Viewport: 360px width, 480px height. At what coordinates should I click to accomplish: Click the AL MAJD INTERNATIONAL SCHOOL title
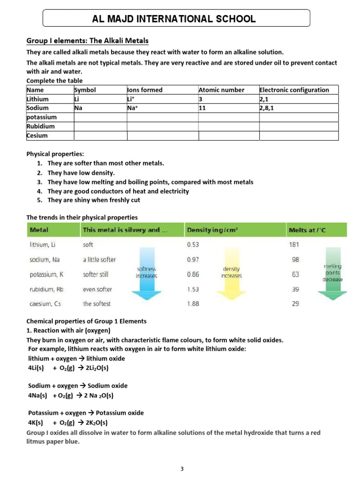[x=176, y=19]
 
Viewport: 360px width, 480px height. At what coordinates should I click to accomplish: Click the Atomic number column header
[x=221, y=90]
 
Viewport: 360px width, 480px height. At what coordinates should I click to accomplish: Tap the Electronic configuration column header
[x=294, y=90]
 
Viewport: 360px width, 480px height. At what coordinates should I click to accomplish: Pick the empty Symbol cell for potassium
[x=100, y=117]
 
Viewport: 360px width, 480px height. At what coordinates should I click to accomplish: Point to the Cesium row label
[x=37, y=135]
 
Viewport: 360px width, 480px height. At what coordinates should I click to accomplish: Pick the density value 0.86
[x=193, y=274]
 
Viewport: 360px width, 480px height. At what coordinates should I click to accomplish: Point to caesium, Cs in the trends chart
[x=45, y=304]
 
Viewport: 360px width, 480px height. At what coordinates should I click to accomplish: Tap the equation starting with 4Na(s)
[x=71, y=395]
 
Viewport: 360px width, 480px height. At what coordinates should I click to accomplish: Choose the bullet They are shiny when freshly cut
[x=94, y=200]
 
